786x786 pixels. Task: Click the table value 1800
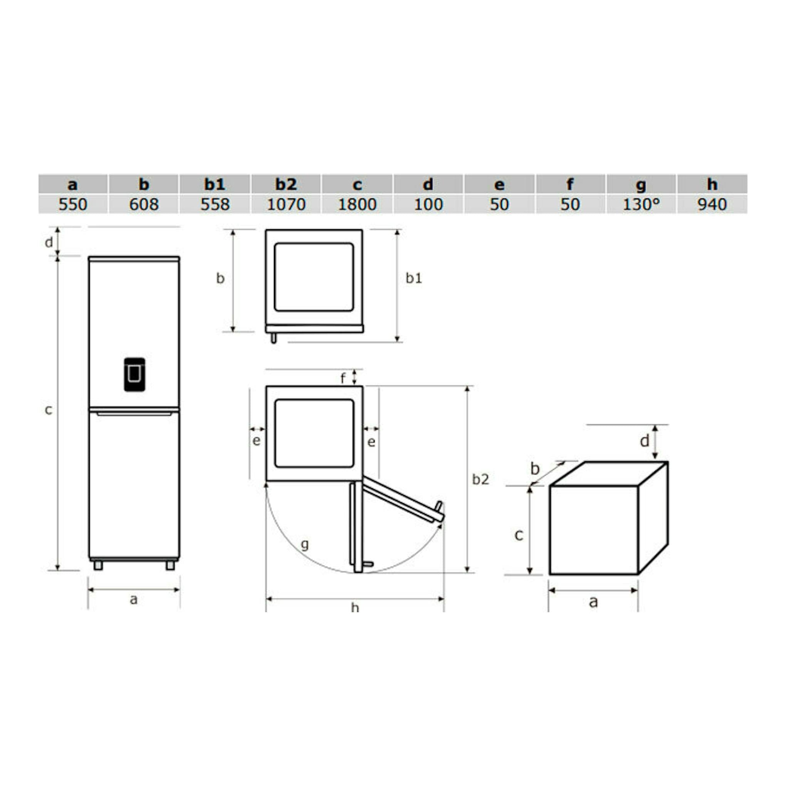click(x=357, y=204)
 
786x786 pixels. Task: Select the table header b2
click(x=286, y=184)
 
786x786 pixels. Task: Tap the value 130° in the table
click(x=641, y=204)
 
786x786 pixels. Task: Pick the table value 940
click(x=712, y=204)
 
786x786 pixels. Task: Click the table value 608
click(x=144, y=204)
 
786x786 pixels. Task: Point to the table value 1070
click(x=286, y=204)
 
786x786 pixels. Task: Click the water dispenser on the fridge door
click(x=135, y=375)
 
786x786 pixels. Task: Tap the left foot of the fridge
click(x=98, y=566)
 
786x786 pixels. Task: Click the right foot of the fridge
click(x=170, y=566)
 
